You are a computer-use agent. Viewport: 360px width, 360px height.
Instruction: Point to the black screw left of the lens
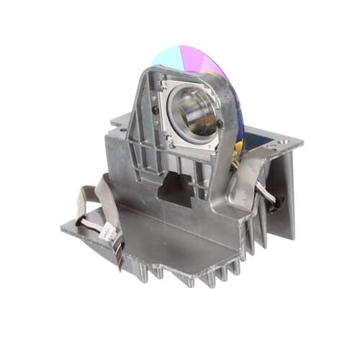156,109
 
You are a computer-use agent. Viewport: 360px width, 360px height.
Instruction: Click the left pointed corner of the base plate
63,229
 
